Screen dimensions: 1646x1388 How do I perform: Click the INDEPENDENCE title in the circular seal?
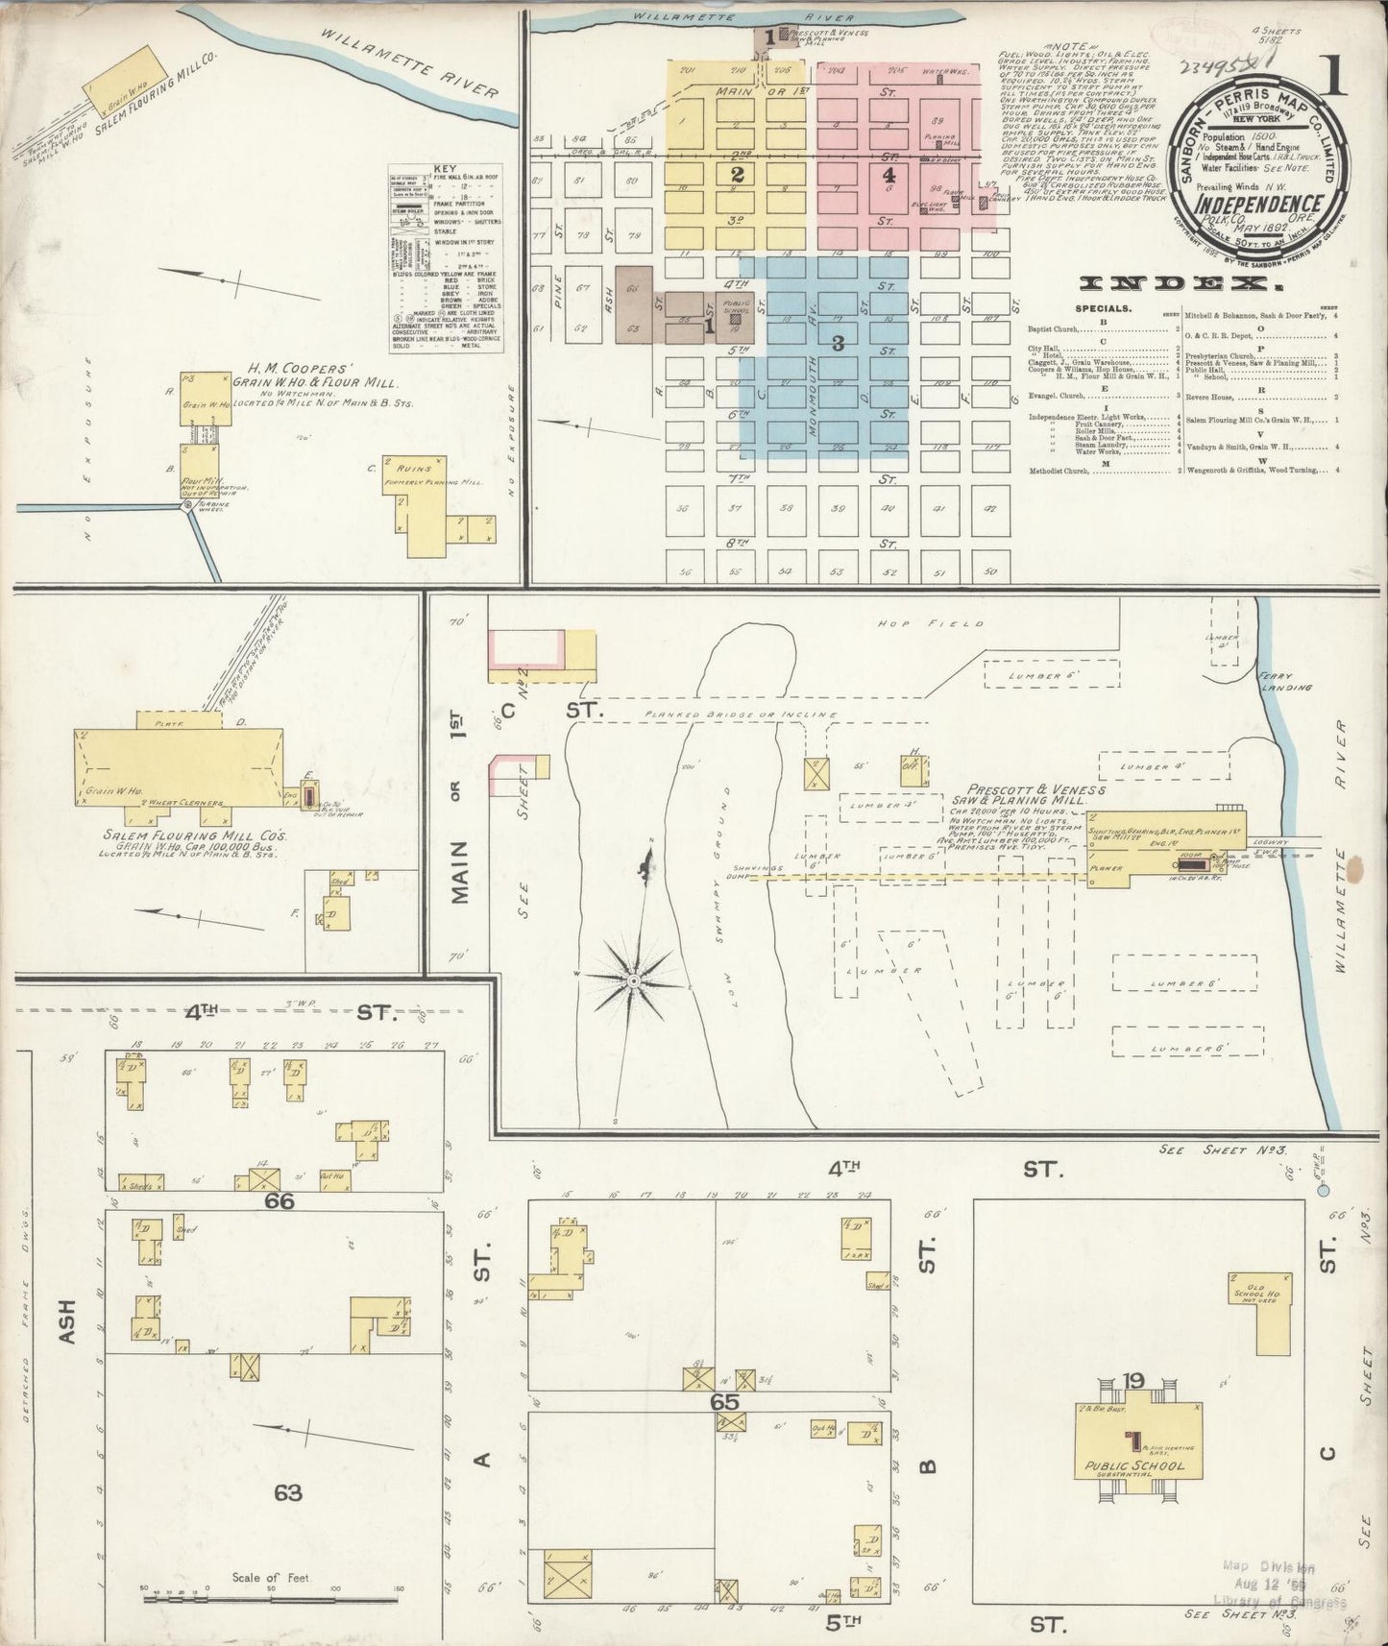[x=1258, y=205]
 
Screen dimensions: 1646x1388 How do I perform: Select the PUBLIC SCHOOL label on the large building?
[x=1134, y=1466]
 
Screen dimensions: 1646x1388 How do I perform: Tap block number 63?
[x=288, y=1491]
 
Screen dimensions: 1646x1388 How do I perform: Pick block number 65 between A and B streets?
[x=724, y=1401]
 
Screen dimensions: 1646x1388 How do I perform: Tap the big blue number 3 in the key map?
[x=838, y=343]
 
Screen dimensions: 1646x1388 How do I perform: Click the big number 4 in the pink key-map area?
[x=889, y=176]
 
